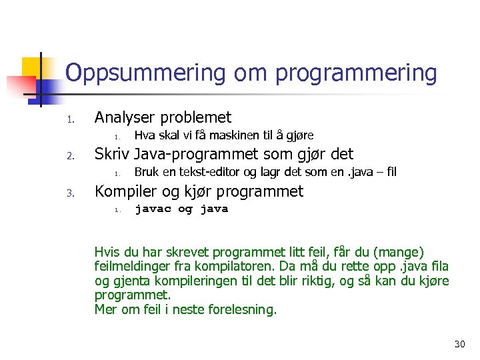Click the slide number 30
(x=459, y=344)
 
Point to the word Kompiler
(x=125, y=191)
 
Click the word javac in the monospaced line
(x=153, y=209)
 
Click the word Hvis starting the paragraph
(x=107, y=252)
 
